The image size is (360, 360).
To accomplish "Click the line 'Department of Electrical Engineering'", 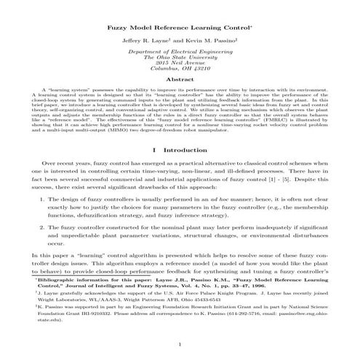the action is (179, 53).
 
